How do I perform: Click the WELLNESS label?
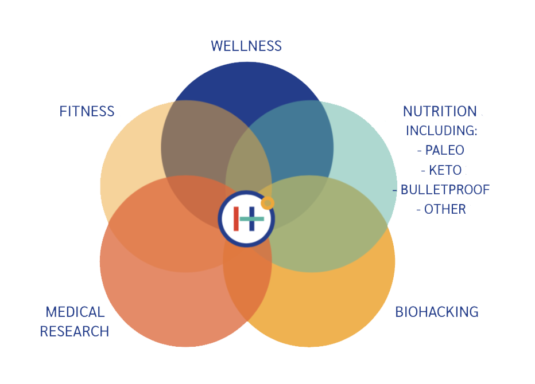(246, 46)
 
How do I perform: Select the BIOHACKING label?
(436, 312)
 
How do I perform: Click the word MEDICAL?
(75, 312)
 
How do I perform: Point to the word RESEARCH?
(75, 331)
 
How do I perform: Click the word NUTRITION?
(440, 111)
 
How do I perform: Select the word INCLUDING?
(441, 131)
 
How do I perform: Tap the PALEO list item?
(441, 150)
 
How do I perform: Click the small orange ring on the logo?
(267, 202)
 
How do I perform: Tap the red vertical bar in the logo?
(236, 219)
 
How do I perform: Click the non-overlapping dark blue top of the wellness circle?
(247, 86)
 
